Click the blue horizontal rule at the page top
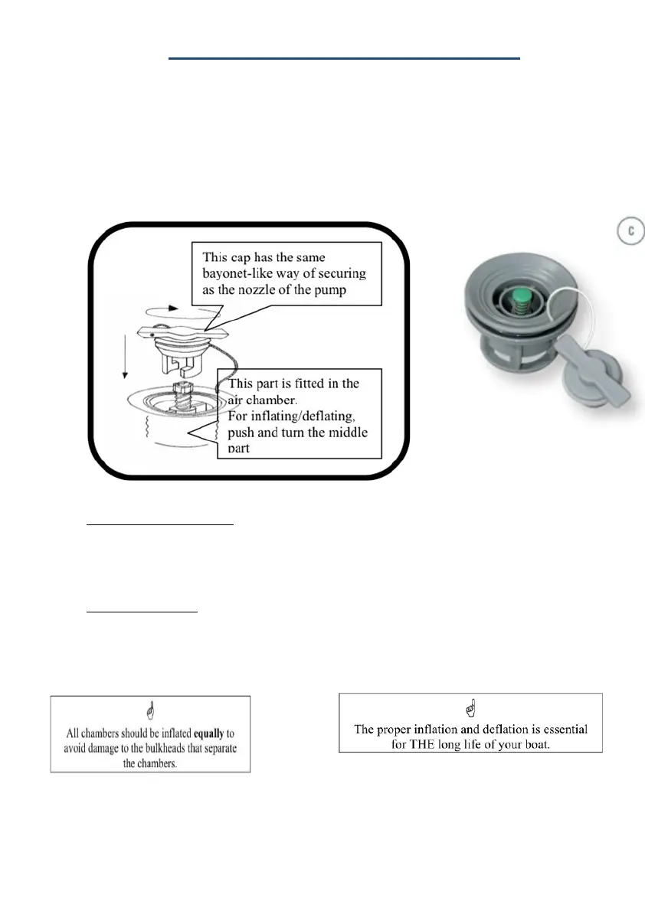(x=344, y=57)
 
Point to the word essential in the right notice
(x=560, y=728)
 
